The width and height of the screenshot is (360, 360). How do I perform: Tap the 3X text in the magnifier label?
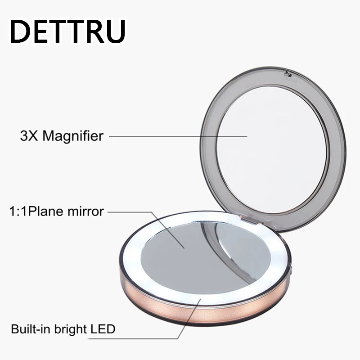(29, 136)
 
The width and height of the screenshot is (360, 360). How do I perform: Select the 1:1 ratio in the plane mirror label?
(18, 211)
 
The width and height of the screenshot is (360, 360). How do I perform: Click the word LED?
(103, 329)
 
